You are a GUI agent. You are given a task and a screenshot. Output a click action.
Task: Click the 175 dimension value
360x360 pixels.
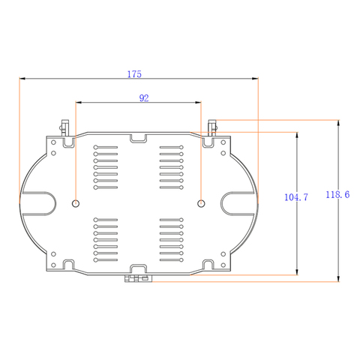pos(134,74)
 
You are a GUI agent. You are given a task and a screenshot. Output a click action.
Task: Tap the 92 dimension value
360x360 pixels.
pos(144,98)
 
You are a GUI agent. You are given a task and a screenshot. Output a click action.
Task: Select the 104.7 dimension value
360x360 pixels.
pos(296,197)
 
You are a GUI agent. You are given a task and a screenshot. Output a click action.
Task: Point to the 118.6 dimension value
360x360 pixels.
pos(337,194)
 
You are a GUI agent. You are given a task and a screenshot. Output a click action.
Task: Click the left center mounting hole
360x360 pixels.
pos(76,203)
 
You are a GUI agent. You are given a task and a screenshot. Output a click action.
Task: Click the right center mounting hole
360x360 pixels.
pos(201,203)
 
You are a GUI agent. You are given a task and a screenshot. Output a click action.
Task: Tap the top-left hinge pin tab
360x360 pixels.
pos(64,127)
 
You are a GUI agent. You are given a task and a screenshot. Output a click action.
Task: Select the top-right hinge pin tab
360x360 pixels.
pos(212,127)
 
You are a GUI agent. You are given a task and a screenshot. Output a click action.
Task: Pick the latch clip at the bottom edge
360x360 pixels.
pos(138,278)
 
